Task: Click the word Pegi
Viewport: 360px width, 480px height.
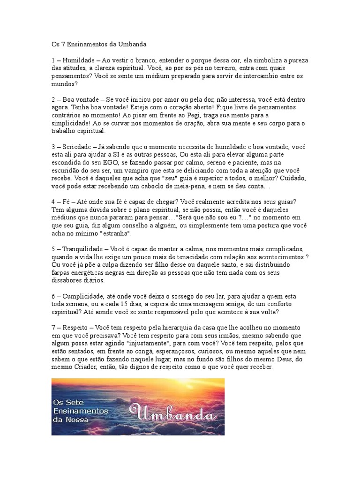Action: pos(213,115)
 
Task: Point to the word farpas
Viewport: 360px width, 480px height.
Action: pos(61,272)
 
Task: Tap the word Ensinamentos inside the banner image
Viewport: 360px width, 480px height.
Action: pos(80,411)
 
